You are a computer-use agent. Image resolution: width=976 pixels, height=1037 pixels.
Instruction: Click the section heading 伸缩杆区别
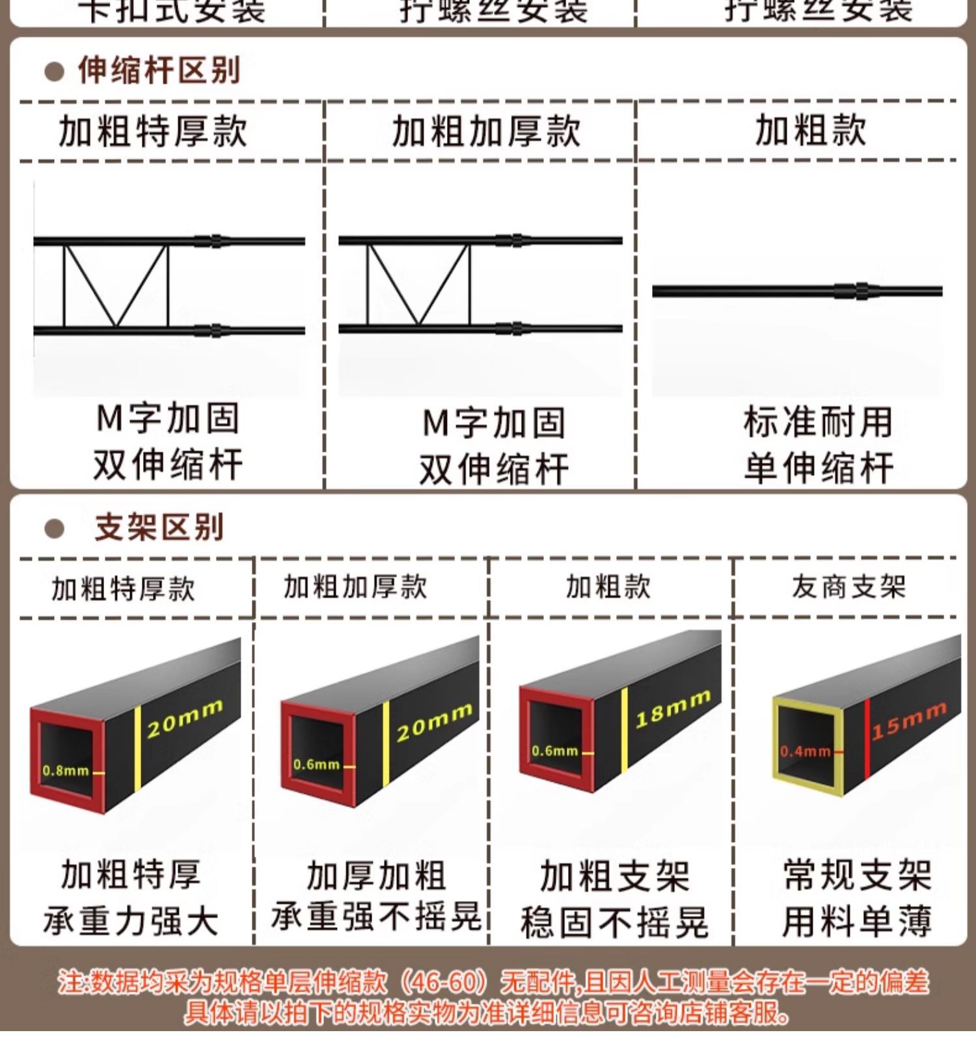pyautogui.click(x=159, y=70)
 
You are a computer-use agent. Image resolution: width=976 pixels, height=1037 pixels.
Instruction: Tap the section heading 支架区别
pyautogui.click(x=159, y=527)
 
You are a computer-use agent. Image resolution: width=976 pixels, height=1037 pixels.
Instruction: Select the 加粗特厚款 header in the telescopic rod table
pyautogui.click(x=153, y=131)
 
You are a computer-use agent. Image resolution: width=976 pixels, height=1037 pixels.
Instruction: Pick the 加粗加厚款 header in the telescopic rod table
pyautogui.click(x=485, y=131)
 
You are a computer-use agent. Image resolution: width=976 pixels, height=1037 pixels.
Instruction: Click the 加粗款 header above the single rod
pyautogui.click(x=811, y=130)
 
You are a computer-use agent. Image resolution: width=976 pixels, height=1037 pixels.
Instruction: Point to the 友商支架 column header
pyautogui.click(x=848, y=587)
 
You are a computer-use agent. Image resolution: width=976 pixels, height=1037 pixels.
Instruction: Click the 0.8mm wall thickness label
pyautogui.click(x=65, y=771)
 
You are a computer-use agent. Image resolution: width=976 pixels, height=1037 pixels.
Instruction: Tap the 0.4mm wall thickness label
pyautogui.click(x=805, y=752)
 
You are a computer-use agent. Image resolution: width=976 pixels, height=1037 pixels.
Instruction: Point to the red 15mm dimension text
pyautogui.click(x=909, y=721)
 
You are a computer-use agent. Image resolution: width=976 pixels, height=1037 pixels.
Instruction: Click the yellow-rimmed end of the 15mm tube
pyautogui.click(x=807, y=748)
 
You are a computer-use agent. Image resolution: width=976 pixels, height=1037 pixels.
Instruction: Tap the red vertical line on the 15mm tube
pyautogui.click(x=868, y=739)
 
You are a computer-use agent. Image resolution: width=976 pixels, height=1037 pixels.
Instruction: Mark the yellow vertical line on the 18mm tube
pyautogui.click(x=625, y=730)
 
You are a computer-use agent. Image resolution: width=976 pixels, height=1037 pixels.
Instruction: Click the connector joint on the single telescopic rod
pyautogui.click(x=861, y=291)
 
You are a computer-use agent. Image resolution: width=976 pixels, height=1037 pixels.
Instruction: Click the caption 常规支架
pyautogui.click(x=858, y=875)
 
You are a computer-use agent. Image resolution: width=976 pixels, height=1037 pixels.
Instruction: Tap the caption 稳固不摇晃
pyautogui.click(x=614, y=923)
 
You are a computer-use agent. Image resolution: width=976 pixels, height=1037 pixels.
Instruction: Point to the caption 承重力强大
pyautogui.click(x=130, y=922)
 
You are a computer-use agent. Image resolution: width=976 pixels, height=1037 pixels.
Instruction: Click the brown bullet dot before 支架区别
pyautogui.click(x=54, y=528)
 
